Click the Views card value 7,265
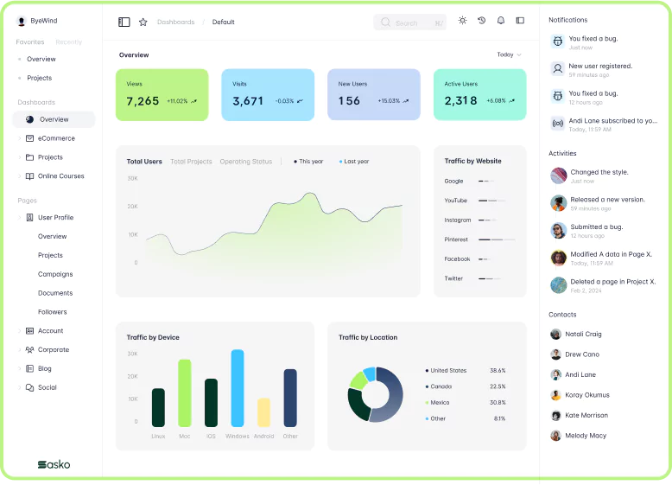tap(143, 101)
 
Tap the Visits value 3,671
tap(248, 101)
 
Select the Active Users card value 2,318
tap(460, 101)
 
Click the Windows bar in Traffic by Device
tap(238, 387)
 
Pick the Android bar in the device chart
tap(263, 412)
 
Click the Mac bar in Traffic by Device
tap(184, 392)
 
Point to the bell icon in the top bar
tap(501, 21)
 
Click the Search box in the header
tap(409, 22)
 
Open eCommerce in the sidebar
tap(56, 138)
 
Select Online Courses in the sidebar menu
tap(60, 176)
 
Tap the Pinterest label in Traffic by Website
tap(456, 239)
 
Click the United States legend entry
tap(448, 371)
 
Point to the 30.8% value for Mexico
tap(498, 403)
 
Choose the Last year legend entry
tap(355, 162)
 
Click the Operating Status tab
tap(245, 162)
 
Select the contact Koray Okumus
tap(586, 395)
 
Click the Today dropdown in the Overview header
tap(509, 54)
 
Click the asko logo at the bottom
tap(54, 464)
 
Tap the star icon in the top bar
tap(143, 22)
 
